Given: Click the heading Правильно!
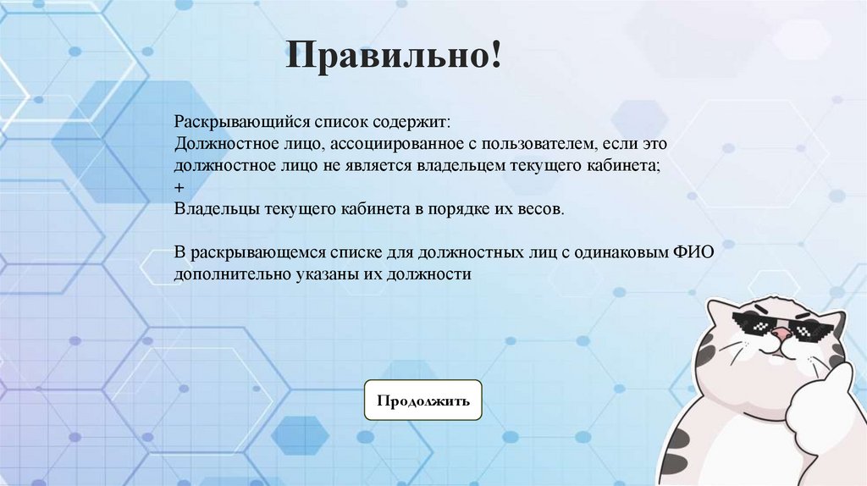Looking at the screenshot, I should point(393,58).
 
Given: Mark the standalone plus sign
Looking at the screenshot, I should point(179,186).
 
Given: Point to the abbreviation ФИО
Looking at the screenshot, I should point(702,252).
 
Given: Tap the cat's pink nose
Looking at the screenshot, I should point(781,334).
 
